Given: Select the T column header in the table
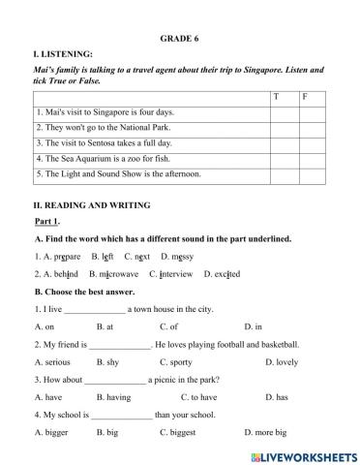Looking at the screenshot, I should click(x=276, y=97).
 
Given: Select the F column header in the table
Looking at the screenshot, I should click(x=305, y=97).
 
